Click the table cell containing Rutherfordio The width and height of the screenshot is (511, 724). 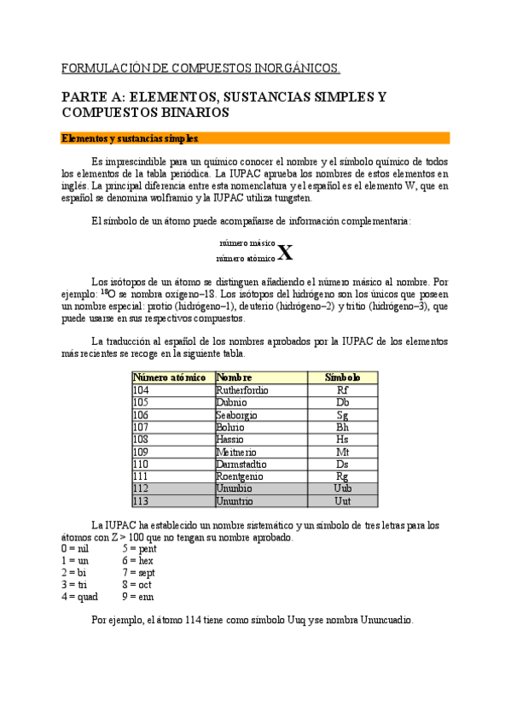[x=243, y=390]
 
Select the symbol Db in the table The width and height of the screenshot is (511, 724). [x=342, y=402]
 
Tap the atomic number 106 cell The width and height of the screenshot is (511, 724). [x=141, y=415]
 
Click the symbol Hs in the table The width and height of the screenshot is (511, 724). [x=342, y=440]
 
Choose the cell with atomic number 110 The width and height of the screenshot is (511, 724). [x=141, y=464]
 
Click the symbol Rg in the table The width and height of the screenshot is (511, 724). [x=342, y=476]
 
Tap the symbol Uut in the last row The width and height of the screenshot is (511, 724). [x=342, y=501]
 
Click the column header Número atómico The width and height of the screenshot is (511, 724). [x=170, y=377]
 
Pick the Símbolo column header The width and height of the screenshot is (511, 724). [x=343, y=377]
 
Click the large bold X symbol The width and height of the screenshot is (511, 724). [x=286, y=253]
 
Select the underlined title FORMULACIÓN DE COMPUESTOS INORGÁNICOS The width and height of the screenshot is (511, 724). [x=201, y=67]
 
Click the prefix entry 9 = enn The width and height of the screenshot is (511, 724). [x=138, y=597]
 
